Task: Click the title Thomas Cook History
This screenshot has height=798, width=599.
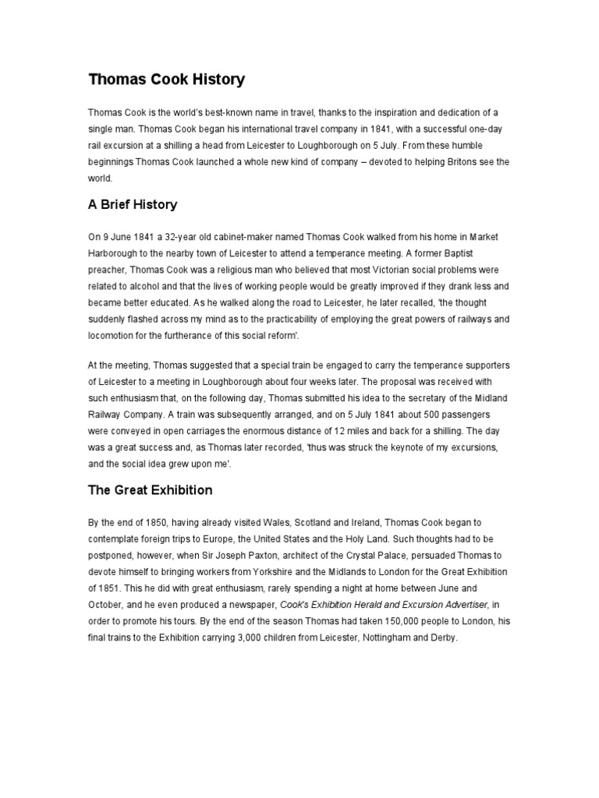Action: pyautogui.click(x=166, y=79)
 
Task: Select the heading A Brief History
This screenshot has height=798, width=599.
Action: pyautogui.click(x=133, y=205)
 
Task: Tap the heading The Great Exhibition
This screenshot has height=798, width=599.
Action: pyautogui.click(x=150, y=491)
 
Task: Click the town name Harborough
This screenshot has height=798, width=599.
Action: pyautogui.click(x=114, y=254)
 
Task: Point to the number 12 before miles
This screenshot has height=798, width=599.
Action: pyautogui.click(x=357, y=430)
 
